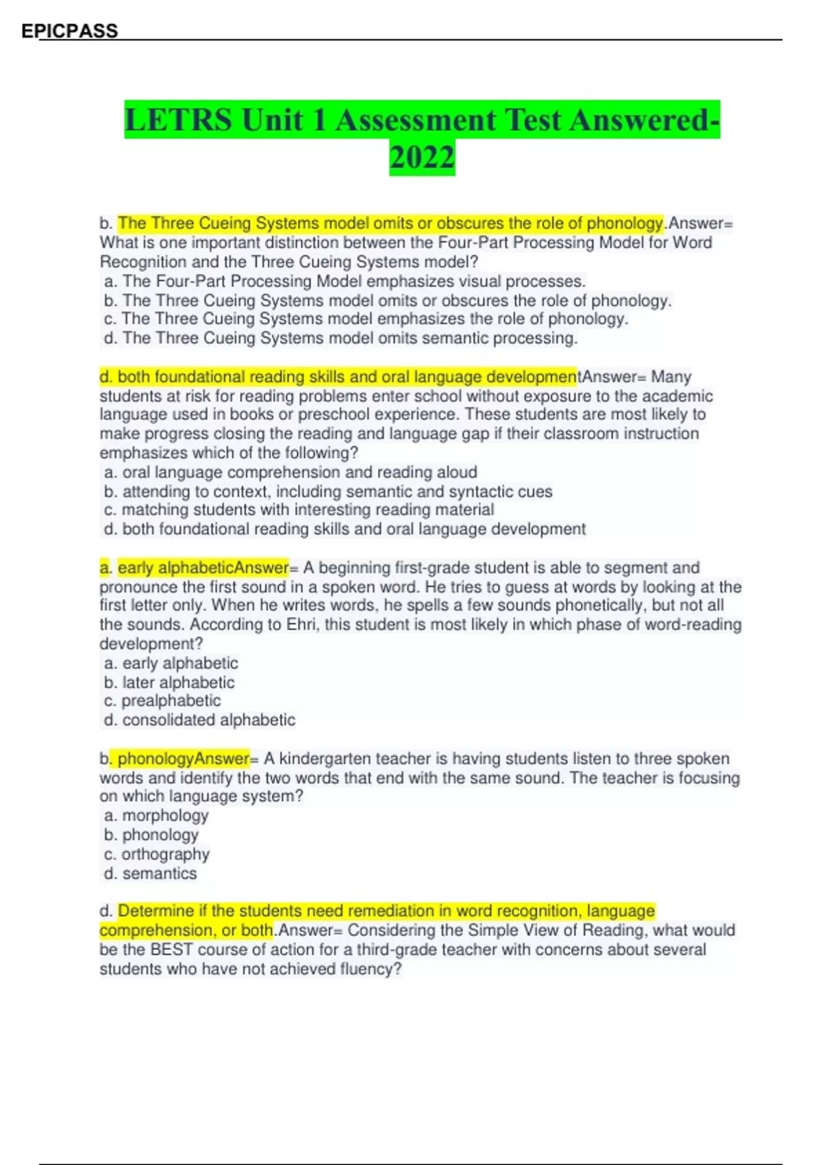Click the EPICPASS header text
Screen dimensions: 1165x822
coord(69,31)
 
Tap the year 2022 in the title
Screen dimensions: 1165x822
coord(422,157)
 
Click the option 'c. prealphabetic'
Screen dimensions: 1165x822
coord(162,701)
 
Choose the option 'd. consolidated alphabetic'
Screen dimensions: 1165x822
coord(199,720)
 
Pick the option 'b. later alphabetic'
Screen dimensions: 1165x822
coord(169,683)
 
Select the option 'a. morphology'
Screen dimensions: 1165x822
coord(156,815)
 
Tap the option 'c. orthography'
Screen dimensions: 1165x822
coord(157,854)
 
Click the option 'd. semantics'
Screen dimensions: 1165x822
coord(150,873)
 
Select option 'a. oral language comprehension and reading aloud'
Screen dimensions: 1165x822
coord(290,472)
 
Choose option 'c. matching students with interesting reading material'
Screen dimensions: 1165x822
coord(299,510)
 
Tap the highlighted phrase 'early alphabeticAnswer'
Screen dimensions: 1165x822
coord(203,567)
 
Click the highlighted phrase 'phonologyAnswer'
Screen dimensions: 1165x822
coord(183,759)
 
